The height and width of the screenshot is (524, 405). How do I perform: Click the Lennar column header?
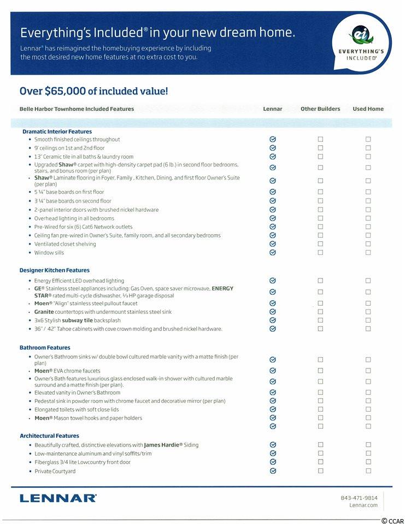click(x=273, y=109)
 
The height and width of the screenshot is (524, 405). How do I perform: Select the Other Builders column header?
click(x=320, y=109)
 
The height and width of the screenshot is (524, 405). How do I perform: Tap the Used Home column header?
click(x=368, y=109)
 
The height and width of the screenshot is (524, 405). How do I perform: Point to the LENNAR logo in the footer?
click(x=58, y=498)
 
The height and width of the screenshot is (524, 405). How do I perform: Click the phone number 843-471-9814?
click(x=359, y=497)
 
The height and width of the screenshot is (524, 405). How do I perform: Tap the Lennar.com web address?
click(x=363, y=505)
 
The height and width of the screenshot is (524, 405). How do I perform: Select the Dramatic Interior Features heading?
click(x=57, y=132)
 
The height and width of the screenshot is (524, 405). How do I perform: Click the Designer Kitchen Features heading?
click(x=55, y=270)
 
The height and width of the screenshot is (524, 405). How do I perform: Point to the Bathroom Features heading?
click(x=45, y=348)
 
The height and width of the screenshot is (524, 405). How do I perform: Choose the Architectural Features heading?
click(x=49, y=436)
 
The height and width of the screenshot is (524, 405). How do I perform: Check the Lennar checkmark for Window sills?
click(x=273, y=253)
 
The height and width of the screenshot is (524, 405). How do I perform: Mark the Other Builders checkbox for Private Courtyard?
click(x=320, y=471)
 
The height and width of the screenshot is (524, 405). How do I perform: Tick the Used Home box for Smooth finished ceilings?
click(x=368, y=139)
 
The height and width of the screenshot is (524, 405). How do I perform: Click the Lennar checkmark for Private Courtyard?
click(x=273, y=471)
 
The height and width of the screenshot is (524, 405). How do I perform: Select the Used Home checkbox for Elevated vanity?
click(x=368, y=392)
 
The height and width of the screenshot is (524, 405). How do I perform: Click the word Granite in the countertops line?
click(x=44, y=312)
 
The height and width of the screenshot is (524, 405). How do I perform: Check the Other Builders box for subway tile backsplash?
click(x=320, y=320)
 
